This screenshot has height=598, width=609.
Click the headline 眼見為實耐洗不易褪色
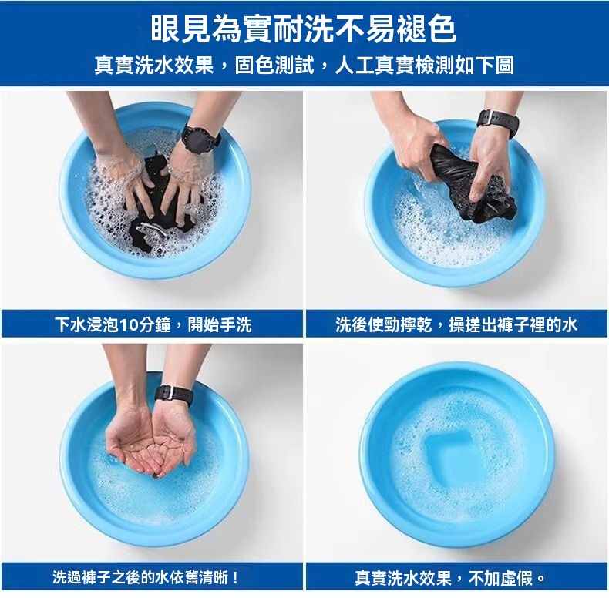pos(303,29)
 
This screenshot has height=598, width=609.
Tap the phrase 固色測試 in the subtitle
pos(274,65)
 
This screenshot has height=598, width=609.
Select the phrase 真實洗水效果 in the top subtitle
pos(154,65)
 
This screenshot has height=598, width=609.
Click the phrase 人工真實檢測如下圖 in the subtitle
pos(424,65)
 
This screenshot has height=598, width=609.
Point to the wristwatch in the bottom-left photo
pos(173,395)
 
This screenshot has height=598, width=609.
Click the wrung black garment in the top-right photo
pos(472,184)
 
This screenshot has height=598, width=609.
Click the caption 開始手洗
pos(220,324)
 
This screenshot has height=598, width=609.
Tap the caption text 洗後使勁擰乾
pos(383,324)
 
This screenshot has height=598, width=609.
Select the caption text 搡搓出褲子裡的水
pos(513,324)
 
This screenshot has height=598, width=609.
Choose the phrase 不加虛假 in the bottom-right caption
pos(500,578)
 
